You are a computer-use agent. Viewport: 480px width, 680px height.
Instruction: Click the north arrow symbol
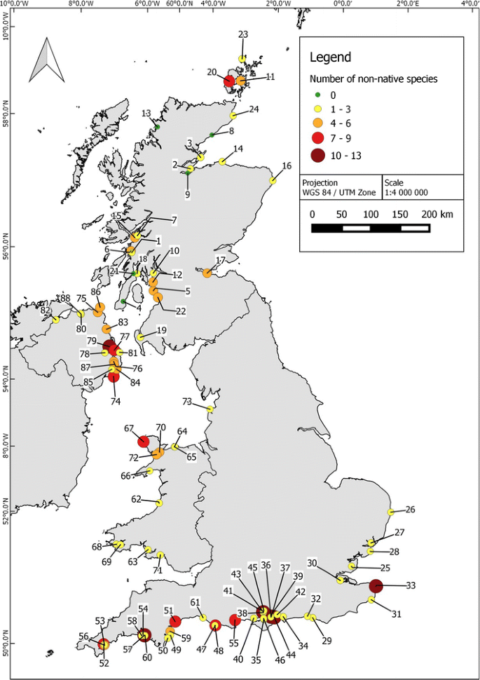tap(46, 60)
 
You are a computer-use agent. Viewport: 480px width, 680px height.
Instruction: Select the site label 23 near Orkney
tap(243, 34)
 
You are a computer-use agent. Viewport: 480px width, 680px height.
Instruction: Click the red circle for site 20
tap(229, 82)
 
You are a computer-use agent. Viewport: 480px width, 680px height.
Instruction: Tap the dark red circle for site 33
tap(376, 585)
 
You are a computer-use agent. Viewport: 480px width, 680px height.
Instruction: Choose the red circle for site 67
tap(144, 441)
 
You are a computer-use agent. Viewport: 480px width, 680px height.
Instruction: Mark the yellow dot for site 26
tap(390, 512)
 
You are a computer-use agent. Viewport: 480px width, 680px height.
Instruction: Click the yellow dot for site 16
tap(273, 181)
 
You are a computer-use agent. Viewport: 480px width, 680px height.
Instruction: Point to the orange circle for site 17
tap(207, 273)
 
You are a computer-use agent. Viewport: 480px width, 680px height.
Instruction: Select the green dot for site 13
tap(158, 127)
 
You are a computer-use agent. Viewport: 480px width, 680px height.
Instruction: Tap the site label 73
tap(187, 402)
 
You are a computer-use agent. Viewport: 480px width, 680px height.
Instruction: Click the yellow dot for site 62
tap(160, 503)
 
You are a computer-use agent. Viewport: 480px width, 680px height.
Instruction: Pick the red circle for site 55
tap(235, 620)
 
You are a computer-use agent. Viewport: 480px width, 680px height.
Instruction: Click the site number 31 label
tap(397, 615)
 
